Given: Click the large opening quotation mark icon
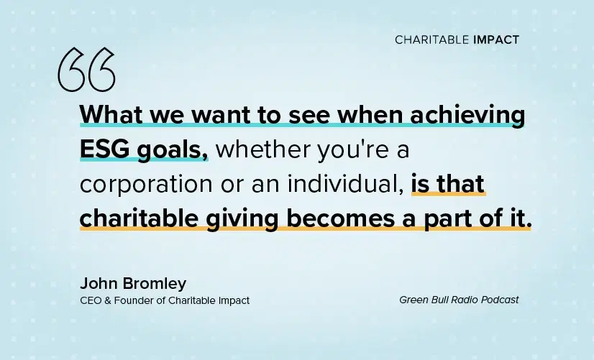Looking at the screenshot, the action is click(86, 70).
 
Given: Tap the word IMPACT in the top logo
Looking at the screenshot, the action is click(496, 40).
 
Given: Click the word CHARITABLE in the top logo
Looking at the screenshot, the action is click(432, 40).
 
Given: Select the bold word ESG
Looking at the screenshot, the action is click(104, 149).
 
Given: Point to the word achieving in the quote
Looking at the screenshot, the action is click(467, 115).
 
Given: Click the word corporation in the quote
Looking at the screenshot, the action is click(146, 184).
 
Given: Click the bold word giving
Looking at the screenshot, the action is click(242, 219).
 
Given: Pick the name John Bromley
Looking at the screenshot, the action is click(133, 284).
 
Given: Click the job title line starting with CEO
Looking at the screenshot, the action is click(165, 300).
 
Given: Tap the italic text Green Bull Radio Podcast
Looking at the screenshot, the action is click(459, 300).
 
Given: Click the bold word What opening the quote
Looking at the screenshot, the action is click(111, 114).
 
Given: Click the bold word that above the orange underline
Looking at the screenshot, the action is click(461, 184).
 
